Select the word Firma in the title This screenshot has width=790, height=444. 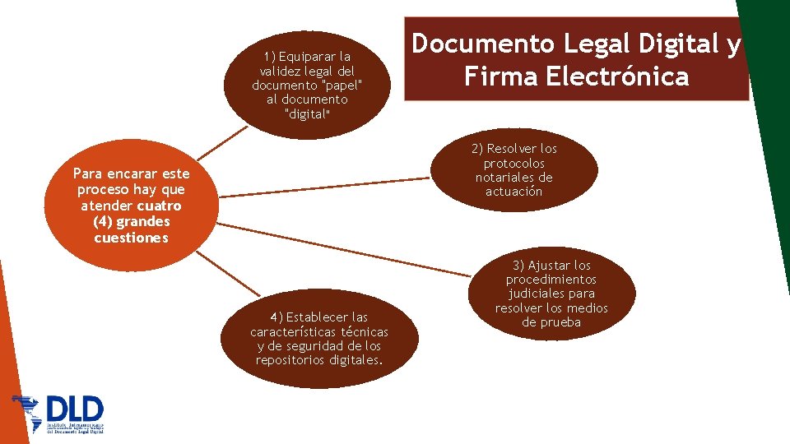point(496,76)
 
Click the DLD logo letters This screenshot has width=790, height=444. point(76,409)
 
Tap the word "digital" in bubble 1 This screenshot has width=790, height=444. point(306,113)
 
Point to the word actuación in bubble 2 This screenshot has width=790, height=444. point(514,191)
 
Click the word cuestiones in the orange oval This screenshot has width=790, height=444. point(131,238)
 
